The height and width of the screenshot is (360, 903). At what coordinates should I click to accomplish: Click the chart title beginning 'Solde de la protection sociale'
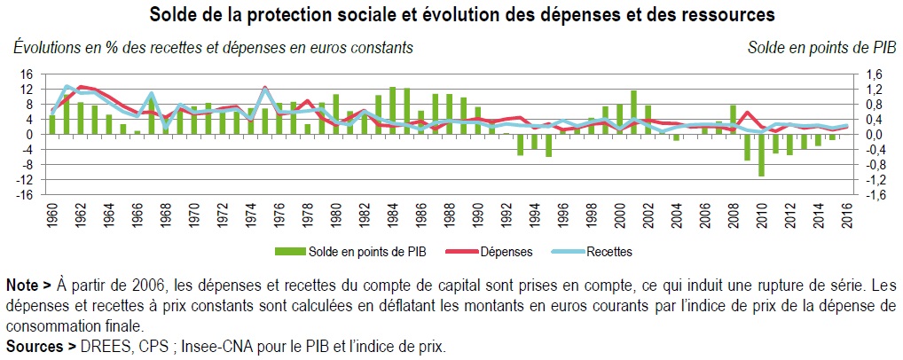point(461,15)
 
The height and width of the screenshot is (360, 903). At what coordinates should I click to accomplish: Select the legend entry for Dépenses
point(497,252)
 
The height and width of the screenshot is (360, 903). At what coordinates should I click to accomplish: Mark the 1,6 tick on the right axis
point(874,74)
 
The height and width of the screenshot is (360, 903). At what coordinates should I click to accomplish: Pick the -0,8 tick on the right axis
point(876,165)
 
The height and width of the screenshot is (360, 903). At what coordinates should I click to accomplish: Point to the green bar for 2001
point(633,113)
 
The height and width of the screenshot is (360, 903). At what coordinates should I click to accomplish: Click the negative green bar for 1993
point(521,145)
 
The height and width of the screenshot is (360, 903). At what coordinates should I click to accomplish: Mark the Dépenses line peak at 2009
point(747,113)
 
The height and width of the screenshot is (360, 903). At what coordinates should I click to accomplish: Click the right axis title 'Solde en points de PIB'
point(820,47)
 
